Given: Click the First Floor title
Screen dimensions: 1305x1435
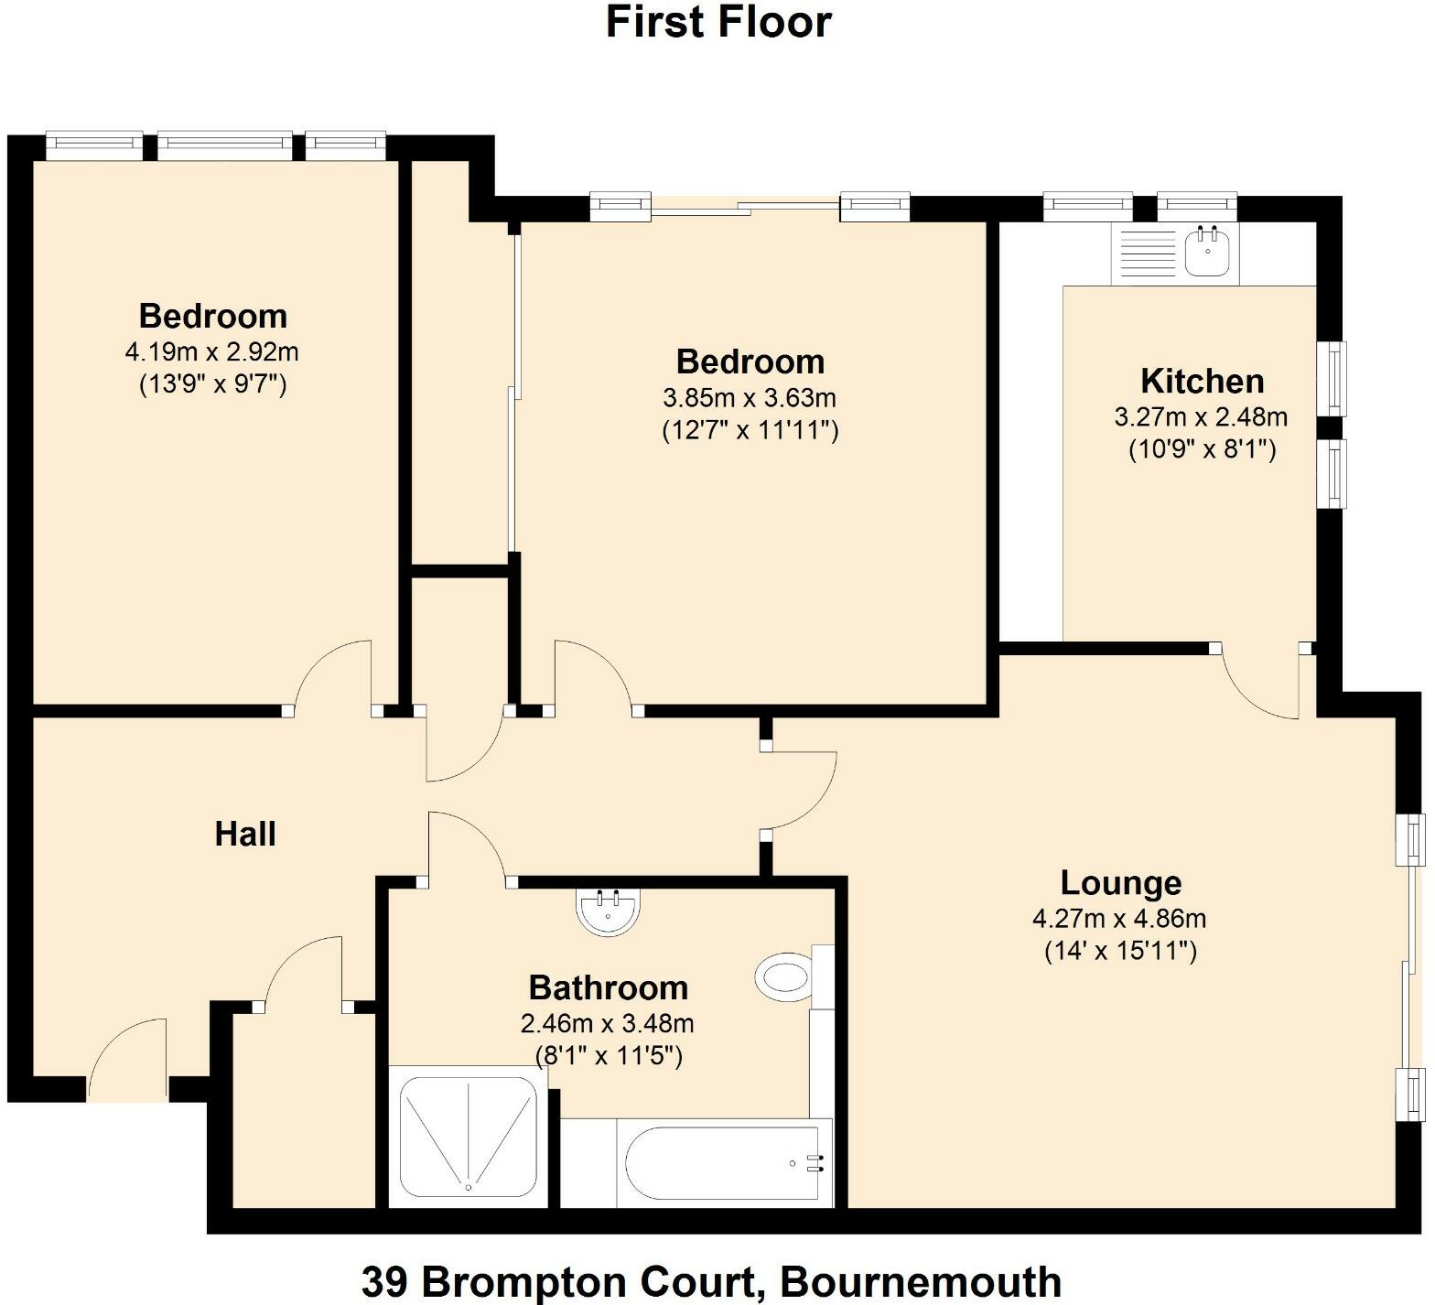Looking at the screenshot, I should coord(718,22).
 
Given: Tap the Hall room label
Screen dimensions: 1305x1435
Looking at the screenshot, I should coord(245,834).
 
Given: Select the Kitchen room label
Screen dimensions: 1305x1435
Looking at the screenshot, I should coord(1202,381).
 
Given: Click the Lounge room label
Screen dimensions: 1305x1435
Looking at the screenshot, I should coord(1120,883).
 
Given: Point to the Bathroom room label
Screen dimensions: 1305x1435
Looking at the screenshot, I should coord(608,987).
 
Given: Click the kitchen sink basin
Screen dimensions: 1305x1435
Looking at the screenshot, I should coord(1209,251).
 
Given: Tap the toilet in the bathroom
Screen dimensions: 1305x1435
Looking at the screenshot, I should coord(785,976).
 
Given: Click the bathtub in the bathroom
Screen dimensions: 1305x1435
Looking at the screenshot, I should coord(719,1163).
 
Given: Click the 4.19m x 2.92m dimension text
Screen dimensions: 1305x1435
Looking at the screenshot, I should coord(211,351).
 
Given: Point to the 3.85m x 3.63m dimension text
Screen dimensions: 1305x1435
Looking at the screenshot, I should coord(750,398).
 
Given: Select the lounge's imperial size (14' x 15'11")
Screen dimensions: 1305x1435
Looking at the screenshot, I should coord(1120,952).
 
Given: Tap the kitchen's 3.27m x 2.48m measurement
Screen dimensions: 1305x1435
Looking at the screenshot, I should coord(1201,417).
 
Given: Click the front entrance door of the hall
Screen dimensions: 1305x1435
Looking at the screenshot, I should coord(128,1057).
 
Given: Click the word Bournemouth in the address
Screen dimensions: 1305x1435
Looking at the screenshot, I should coord(921,1281).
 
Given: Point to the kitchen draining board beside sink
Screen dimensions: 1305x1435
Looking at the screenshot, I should coord(1145,254).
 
